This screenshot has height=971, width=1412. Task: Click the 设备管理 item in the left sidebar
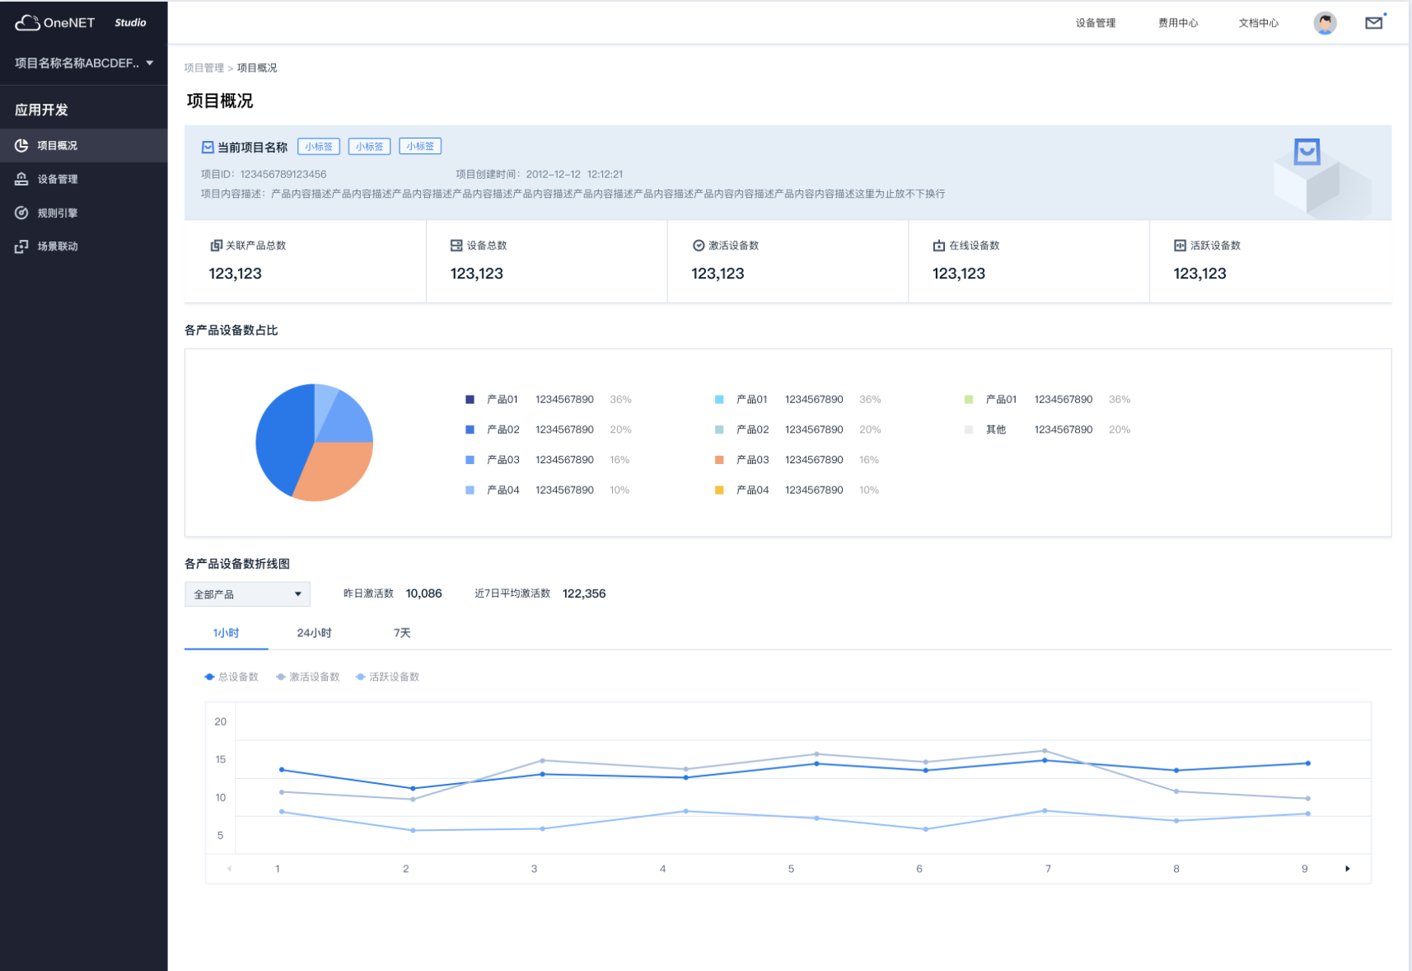[57, 179]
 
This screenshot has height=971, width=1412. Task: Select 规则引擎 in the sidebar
[57, 213]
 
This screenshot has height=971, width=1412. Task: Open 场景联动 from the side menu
[57, 246]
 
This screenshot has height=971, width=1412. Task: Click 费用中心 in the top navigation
[1178, 23]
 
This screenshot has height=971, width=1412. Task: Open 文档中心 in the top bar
[1258, 23]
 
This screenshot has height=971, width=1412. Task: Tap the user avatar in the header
[1325, 23]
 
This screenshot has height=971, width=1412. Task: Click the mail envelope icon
[1373, 23]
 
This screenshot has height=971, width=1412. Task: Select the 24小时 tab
[314, 633]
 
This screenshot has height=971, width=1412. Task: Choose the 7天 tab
[402, 633]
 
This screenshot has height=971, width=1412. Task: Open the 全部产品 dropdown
[247, 594]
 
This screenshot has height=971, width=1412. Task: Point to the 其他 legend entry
[995, 429]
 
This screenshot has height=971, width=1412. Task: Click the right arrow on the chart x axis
[1348, 869]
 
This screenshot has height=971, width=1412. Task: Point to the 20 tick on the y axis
[221, 721]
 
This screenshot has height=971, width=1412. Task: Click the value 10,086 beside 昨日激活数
[423, 593]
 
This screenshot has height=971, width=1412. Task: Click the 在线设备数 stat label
[974, 246]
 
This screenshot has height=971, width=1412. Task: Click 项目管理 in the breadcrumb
[203, 68]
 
